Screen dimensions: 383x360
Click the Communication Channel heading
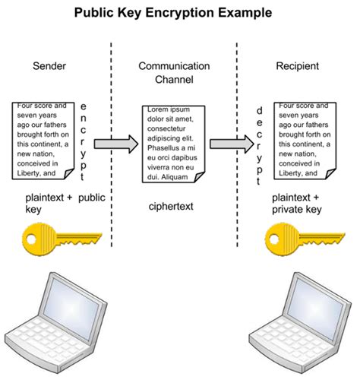174,73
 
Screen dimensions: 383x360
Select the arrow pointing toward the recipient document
231,144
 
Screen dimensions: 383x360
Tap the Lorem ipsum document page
172,144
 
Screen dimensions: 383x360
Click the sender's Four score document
43,140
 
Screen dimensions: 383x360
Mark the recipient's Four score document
305,140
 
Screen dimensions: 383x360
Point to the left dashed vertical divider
112,152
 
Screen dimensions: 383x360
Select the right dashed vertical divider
238,152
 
